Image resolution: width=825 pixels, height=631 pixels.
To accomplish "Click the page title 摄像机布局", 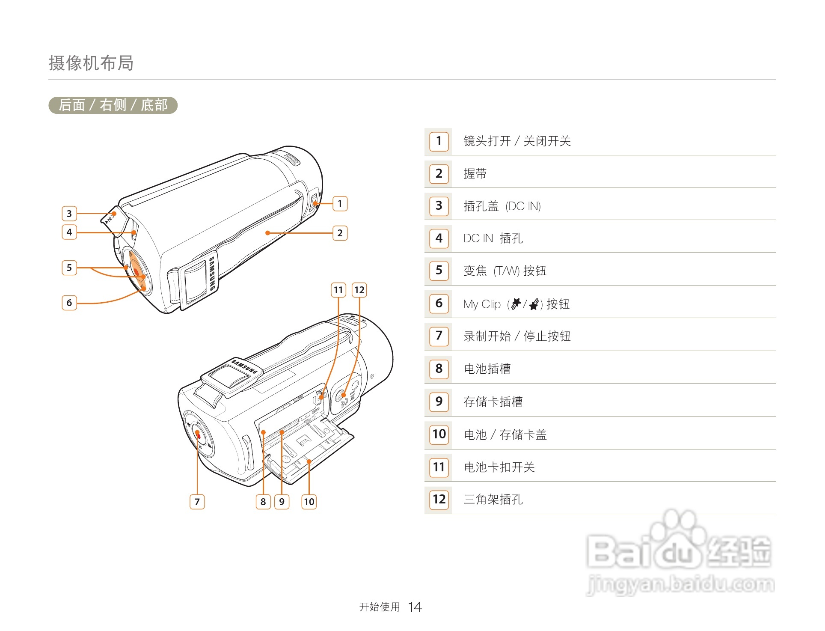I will (91, 63).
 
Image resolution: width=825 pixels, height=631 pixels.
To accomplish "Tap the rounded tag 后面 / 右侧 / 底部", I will (113, 105).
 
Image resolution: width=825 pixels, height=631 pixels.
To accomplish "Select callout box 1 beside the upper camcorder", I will (340, 203).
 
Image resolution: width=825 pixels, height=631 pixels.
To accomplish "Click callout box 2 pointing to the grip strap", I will (340, 233).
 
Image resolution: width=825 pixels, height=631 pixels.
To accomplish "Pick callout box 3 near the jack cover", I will (69, 214).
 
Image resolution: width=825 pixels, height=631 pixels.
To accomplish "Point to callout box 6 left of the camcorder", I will (69, 303).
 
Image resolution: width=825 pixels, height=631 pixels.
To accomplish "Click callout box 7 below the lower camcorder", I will (197, 502).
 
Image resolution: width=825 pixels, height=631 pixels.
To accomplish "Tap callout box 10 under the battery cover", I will (309, 502).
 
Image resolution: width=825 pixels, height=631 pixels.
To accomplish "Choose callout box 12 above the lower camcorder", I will (359, 290).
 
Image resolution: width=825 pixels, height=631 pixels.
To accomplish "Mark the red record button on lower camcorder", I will (198, 434).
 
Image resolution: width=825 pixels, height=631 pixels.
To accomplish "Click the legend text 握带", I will (475, 174).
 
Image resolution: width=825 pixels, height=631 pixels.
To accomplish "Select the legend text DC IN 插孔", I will (493, 238).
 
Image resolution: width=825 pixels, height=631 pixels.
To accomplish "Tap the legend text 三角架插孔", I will (493, 500).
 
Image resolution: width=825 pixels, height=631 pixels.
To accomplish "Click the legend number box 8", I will (439, 369).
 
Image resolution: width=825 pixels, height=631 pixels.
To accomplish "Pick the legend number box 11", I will (439, 467).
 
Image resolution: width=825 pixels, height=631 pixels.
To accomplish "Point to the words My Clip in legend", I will (482, 304).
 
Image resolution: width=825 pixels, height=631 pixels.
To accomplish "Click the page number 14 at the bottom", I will (415, 607).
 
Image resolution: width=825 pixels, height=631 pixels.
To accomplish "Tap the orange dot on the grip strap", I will (267, 233).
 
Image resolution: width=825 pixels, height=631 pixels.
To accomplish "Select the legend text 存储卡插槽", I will (493, 402).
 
